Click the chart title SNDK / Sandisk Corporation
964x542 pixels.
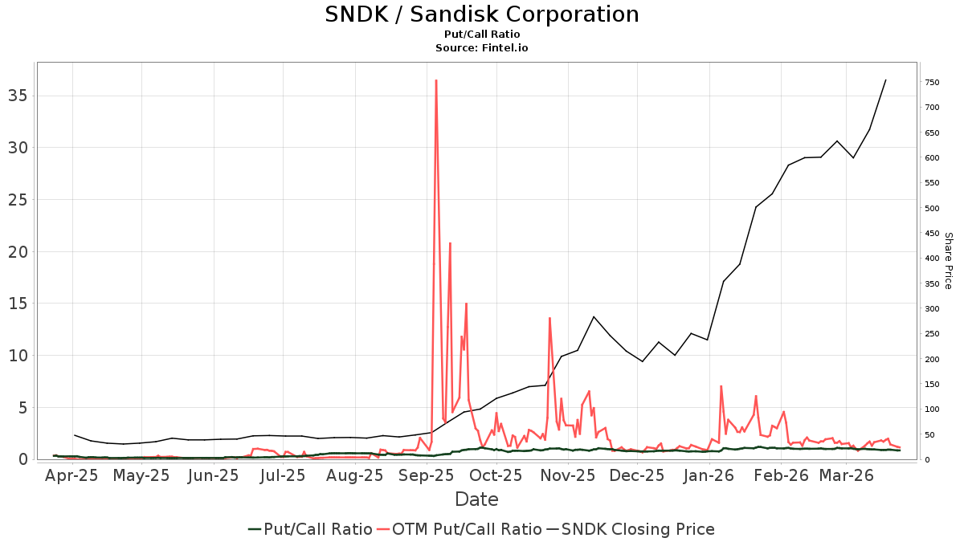coord(481,14)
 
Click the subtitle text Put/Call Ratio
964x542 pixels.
coord(481,35)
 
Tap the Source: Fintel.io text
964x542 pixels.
coord(481,48)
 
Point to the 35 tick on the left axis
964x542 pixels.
coord(18,96)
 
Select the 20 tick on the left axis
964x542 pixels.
coord(18,251)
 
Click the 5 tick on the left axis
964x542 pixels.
coord(22,407)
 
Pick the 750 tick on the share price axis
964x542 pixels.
coord(932,83)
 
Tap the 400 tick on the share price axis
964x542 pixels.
coord(932,259)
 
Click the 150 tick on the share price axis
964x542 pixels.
coord(932,385)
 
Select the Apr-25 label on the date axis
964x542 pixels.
coord(71,475)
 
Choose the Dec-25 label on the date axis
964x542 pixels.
coord(635,475)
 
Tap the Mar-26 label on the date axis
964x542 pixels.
coord(846,475)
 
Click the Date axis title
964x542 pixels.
coord(476,499)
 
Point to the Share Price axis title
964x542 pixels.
coord(948,260)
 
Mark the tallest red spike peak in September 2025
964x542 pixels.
coord(435,80)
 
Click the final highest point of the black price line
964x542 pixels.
coord(885,79)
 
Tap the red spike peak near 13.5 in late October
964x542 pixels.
coord(549,318)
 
